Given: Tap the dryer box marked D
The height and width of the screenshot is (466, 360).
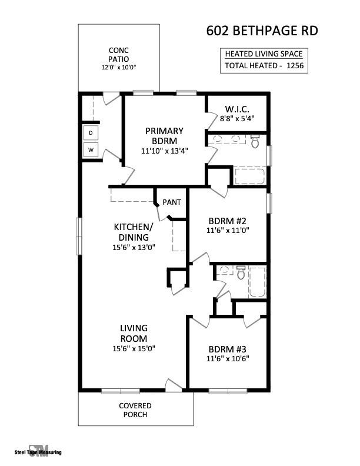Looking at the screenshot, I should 91,133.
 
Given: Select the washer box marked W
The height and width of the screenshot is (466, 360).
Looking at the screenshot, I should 91,150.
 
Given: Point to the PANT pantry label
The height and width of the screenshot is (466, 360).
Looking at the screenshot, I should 172,202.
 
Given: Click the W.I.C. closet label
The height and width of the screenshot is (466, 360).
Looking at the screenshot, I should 238,109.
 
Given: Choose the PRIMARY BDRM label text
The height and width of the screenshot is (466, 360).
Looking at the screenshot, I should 164,136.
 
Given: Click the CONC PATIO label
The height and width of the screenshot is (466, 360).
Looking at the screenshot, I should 118,55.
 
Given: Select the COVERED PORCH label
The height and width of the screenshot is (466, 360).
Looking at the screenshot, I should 135,410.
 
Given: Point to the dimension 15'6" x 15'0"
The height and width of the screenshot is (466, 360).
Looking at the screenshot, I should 134,348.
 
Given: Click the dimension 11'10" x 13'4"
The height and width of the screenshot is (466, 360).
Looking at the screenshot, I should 164,151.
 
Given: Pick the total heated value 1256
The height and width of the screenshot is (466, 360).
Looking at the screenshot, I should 295,66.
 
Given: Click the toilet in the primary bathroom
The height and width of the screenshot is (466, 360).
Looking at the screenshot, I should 255,141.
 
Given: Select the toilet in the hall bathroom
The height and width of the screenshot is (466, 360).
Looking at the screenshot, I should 240,273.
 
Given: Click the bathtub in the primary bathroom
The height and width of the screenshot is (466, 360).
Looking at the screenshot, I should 250,175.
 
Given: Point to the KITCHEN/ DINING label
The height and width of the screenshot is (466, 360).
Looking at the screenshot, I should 134,232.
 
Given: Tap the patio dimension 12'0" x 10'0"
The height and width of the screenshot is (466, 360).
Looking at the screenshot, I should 118,68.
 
